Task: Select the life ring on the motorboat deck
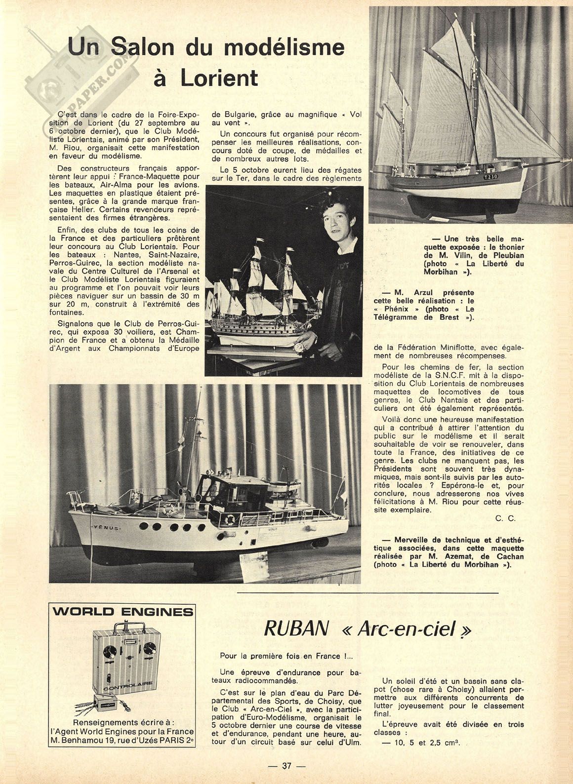[x=230, y=520]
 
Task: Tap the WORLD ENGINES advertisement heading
[x=123, y=612]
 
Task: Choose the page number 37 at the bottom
[x=286, y=766]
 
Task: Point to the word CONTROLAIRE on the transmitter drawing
[x=122, y=686]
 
